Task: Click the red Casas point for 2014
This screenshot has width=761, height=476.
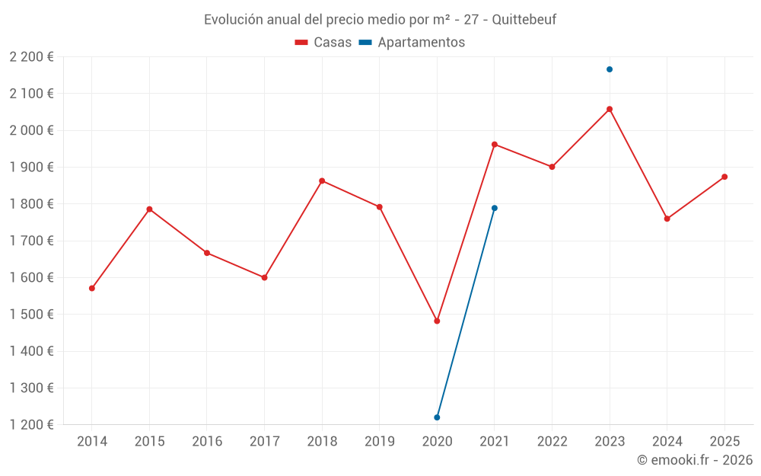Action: tap(92, 289)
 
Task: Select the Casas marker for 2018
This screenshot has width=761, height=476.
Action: tap(322, 181)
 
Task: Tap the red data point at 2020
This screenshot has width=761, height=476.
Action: tap(437, 321)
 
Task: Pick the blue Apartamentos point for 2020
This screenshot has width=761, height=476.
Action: tap(437, 417)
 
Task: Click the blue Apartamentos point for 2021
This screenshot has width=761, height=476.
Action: tap(495, 208)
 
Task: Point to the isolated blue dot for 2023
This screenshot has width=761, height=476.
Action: tap(610, 69)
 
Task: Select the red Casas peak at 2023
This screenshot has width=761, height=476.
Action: tap(610, 109)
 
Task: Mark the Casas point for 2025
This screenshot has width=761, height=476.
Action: tap(724, 177)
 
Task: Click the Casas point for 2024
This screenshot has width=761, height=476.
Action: tap(667, 219)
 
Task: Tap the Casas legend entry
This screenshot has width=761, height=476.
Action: tap(323, 43)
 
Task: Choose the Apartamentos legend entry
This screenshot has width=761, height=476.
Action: tap(412, 43)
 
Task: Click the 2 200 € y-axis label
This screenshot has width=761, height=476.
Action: tap(32, 57)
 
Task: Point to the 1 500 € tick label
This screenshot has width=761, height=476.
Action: tap(32, 315)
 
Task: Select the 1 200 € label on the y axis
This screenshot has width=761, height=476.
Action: tap(32, 425)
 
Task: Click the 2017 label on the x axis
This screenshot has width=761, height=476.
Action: tap(264, 442)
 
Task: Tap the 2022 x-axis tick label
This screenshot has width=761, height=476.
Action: tap(552, 442)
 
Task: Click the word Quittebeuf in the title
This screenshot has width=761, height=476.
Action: tap(524, 20)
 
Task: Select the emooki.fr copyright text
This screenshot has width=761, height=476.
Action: tap(694, 460)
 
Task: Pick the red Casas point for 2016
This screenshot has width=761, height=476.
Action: tap(207, 253)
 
